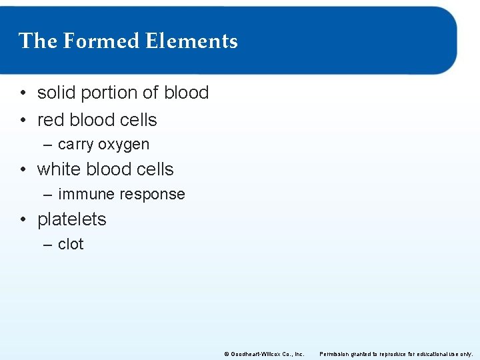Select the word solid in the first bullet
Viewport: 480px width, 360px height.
[x=56, y=93]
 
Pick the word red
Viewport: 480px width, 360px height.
[x=51, y=120]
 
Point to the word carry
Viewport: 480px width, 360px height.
[x=76, y=145]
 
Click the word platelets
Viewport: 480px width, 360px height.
[x=72, y=219]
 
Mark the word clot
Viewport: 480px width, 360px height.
[x=71, y=244]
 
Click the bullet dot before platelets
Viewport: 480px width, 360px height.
[x=23, y=220]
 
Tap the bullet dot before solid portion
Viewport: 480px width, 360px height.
[x=23, y=93]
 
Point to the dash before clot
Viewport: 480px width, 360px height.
[x=47, y=245]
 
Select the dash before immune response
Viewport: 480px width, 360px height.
[x=47, y=195]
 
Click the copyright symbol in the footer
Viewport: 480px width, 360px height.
[x=226, y=353]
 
